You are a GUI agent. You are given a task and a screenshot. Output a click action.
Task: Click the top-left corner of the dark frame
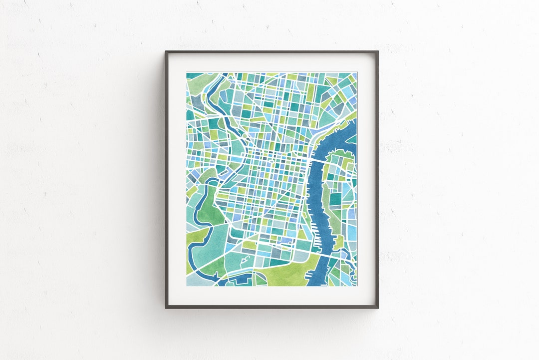pos(167,52)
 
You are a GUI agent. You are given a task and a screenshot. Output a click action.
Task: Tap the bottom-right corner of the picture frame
pos(377,307)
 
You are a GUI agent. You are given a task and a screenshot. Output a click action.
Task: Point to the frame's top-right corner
pos(377,52)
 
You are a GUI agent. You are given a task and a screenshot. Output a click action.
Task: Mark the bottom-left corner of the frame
pos(167,307)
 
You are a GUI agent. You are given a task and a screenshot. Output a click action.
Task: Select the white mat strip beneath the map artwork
pos(272,295)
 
